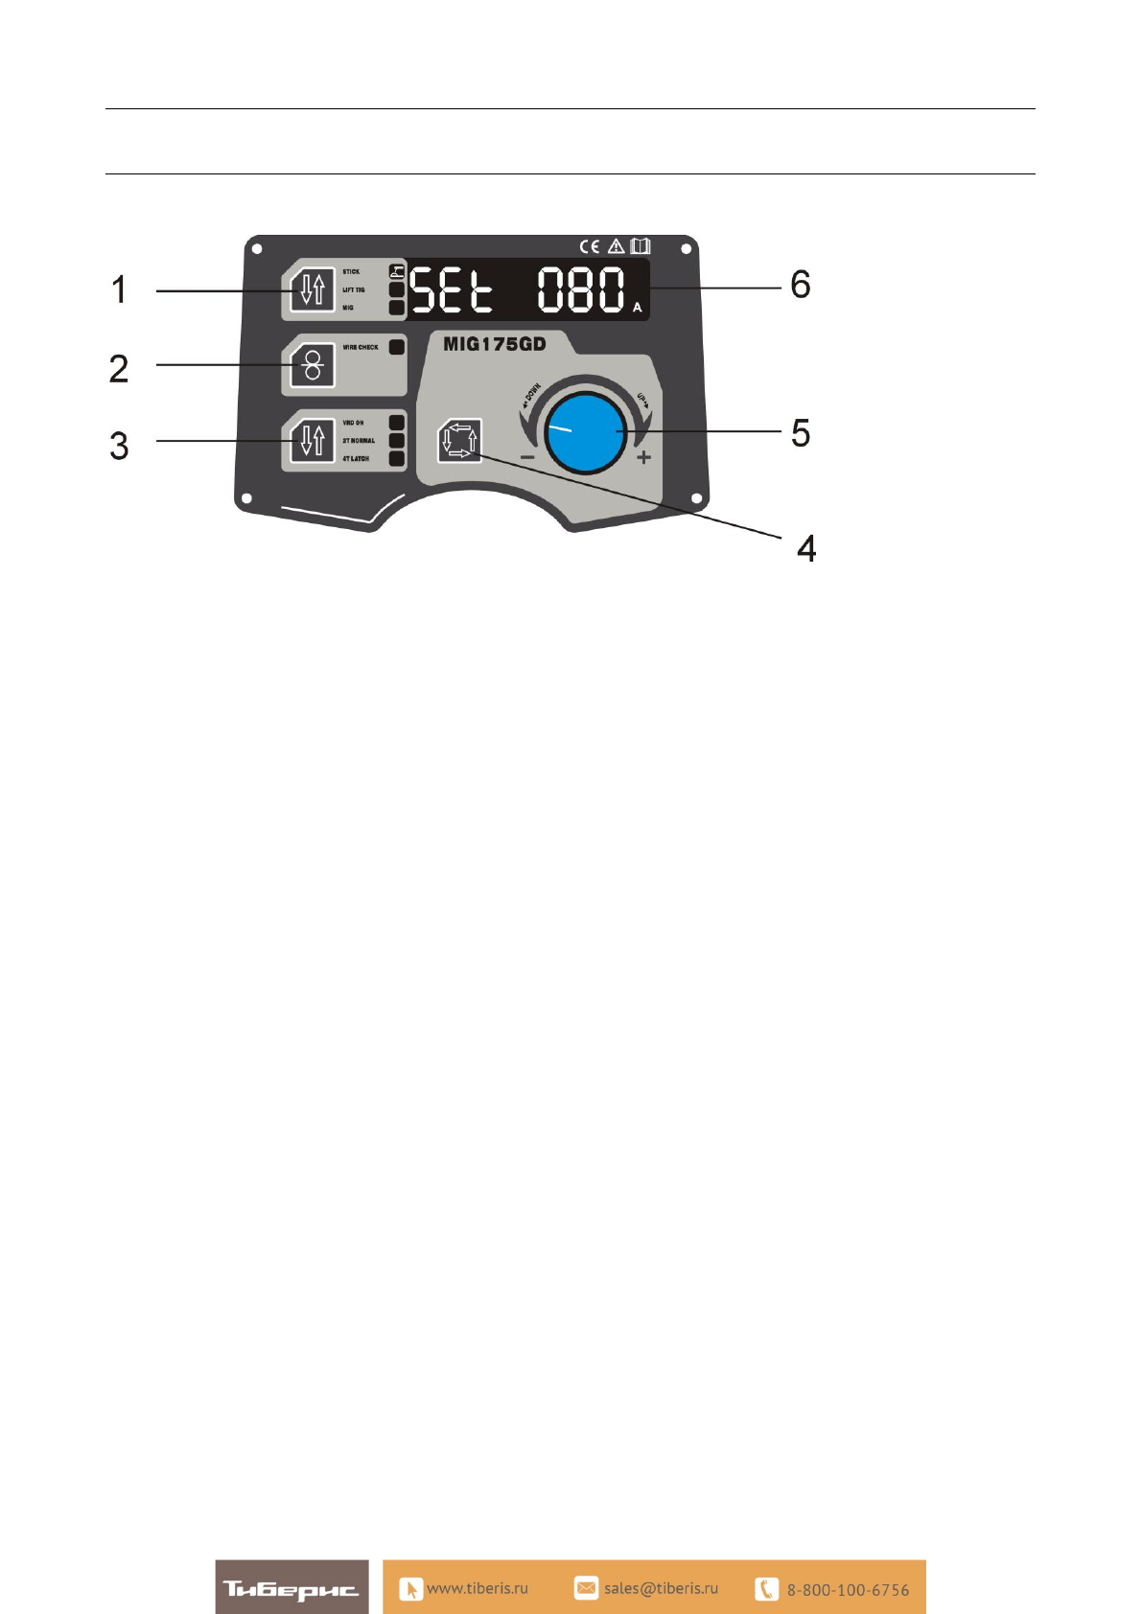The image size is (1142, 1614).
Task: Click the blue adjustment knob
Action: click(586, 433)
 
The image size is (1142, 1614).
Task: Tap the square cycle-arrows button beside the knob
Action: click(459, 441)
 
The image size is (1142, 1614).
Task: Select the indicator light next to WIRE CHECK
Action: click(397, 347)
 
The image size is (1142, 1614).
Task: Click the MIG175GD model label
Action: click(494, 344)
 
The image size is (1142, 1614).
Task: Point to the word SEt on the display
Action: click(452, 289)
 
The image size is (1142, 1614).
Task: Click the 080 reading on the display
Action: click(581, 289)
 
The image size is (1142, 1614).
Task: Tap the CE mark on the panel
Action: click(589, 247)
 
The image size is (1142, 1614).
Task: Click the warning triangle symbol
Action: click(616, 247)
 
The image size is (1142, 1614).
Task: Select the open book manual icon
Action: click(640, 247)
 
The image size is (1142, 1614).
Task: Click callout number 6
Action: click(800, 285)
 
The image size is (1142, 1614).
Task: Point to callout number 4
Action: click(806, 548)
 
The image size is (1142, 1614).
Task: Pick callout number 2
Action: click(119, 369)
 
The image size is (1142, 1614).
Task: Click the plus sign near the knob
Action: click(643, 457)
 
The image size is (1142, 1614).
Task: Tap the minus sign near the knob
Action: click(527, 457)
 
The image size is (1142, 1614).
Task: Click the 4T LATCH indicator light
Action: click(397, 459)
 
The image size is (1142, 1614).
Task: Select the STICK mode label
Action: click(352, 272)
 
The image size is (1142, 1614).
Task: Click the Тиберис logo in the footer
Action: click(291, 1588)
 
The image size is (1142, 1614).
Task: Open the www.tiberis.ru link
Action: click(477, 1588)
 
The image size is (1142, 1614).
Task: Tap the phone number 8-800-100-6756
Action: click(848, 1590)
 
